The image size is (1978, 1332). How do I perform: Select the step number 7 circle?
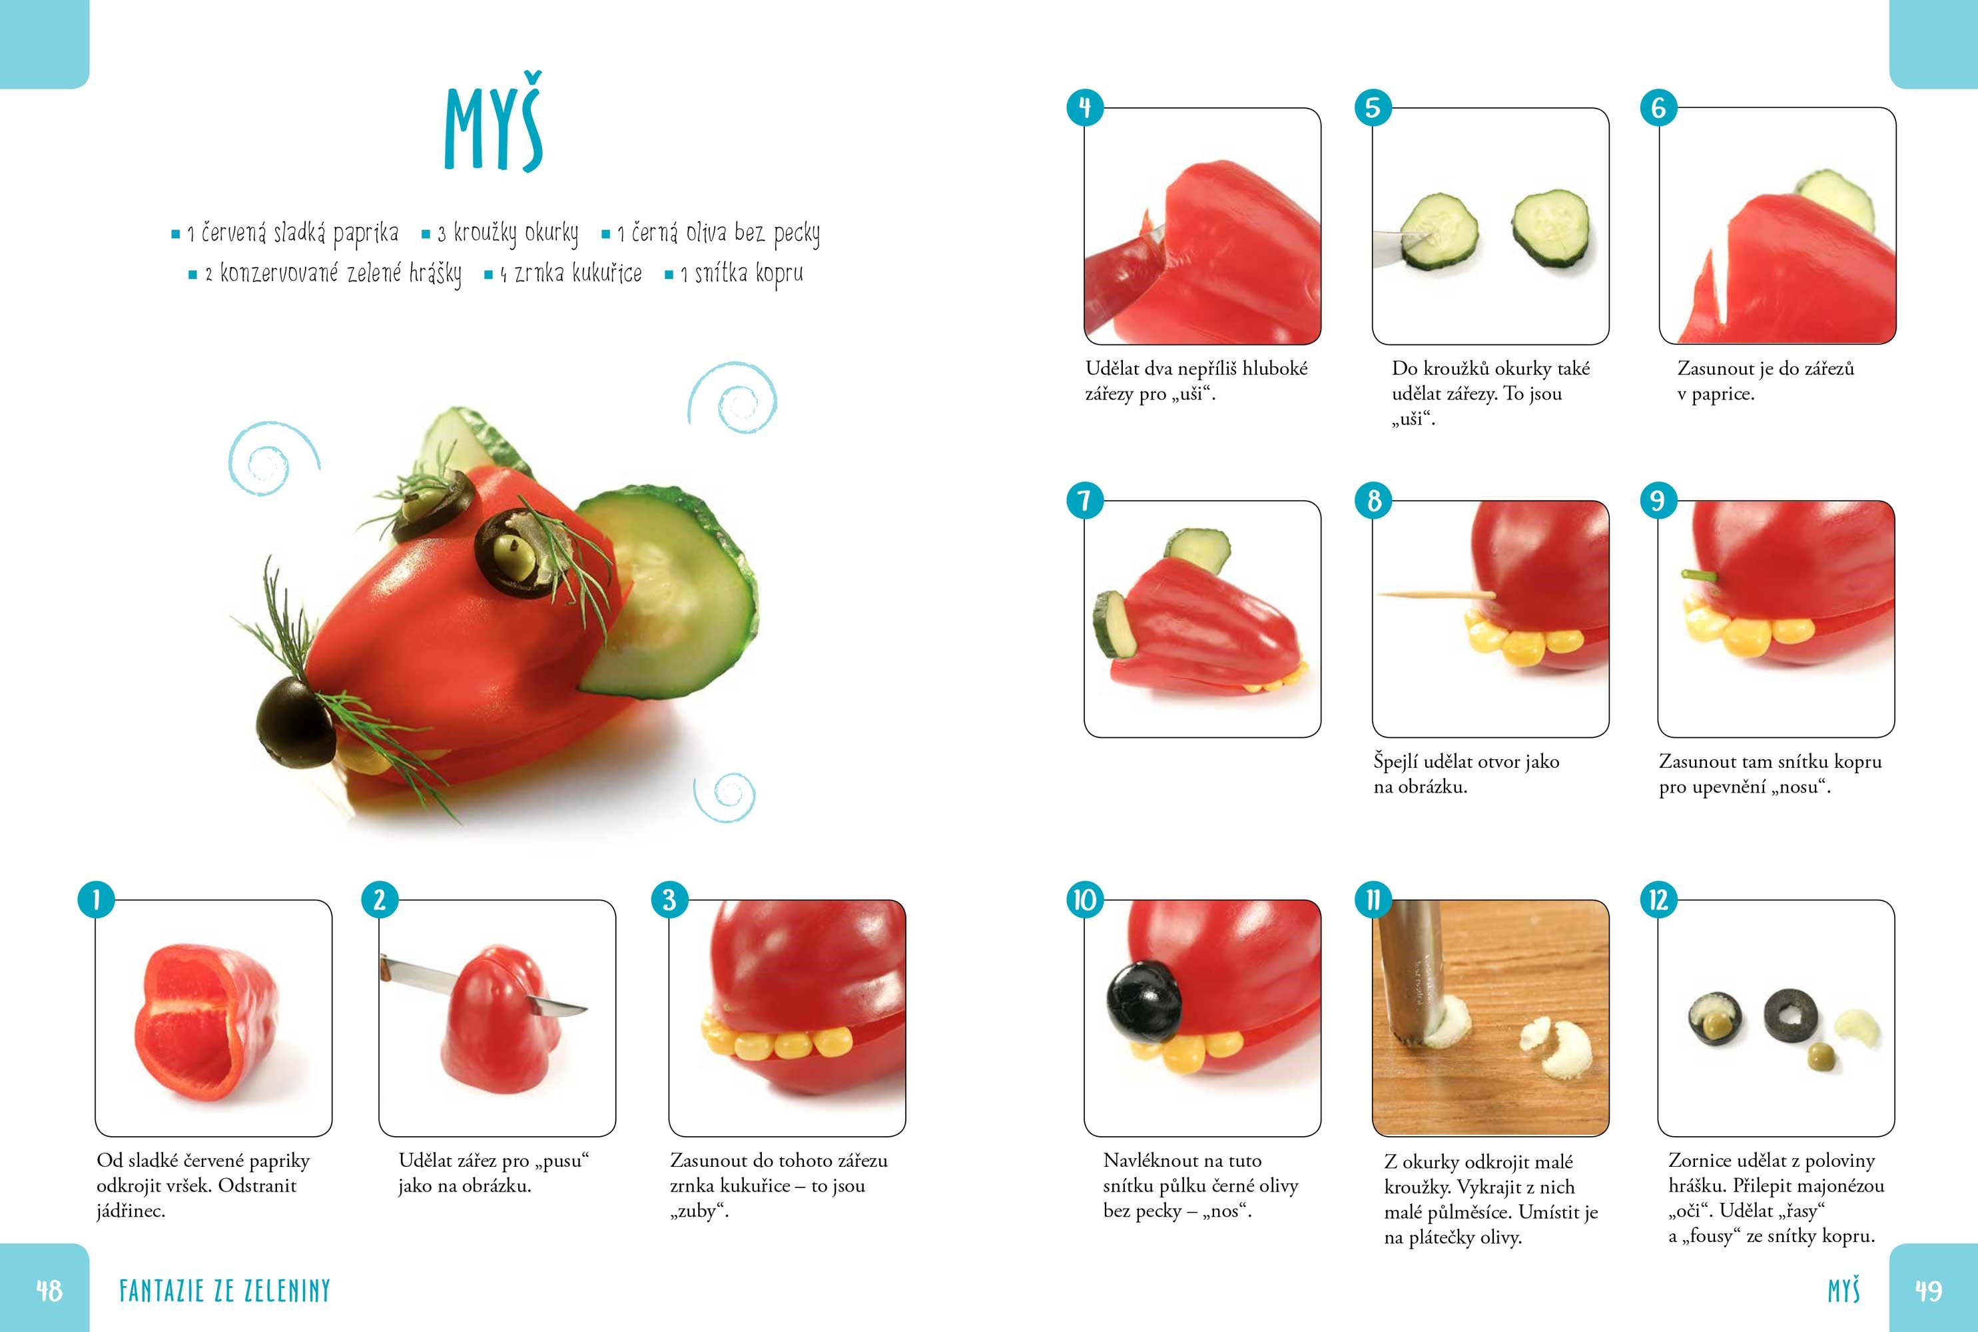[x=1084, y=500]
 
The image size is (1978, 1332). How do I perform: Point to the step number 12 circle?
[x=1659, y=900]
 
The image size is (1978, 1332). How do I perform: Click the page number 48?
[x=49, y=1291]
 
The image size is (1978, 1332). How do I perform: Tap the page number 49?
[x=1929, y=1291]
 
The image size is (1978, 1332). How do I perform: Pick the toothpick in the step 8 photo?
[x=1436, y=594]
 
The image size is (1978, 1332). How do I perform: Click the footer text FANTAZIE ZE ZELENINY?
[x=224, y=1291]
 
